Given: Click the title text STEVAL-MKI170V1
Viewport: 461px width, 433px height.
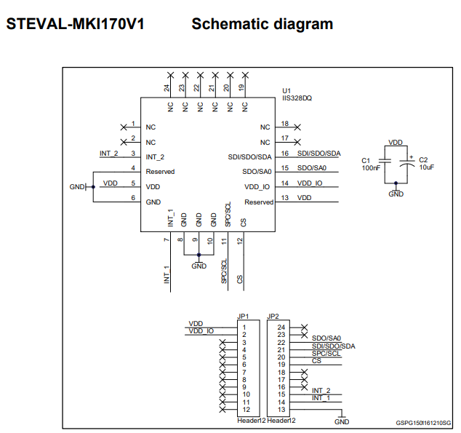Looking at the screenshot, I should (75, 24).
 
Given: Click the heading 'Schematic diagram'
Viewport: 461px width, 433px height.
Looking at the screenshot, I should (262, 24).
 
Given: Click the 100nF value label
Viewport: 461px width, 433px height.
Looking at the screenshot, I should (371, 167).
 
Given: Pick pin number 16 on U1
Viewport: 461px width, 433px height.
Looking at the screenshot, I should (285, 154).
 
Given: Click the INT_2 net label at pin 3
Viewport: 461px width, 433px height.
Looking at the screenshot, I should (108, 154).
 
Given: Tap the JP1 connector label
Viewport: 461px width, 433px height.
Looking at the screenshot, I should (244, 316).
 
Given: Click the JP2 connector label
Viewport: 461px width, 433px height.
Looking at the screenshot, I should (273, 316).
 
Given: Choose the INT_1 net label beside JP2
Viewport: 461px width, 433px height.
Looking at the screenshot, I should (321, 398).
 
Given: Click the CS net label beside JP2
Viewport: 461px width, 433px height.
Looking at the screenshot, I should (316, 361).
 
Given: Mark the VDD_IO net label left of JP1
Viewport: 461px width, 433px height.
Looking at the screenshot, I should (201, 331).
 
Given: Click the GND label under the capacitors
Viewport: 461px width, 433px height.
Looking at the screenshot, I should (396, 194).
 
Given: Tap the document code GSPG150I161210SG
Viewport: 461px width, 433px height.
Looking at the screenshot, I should (423, 423).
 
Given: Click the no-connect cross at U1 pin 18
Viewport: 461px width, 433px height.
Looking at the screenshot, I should (297, 127).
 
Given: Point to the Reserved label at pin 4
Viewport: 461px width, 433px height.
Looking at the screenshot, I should (160, 172).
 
